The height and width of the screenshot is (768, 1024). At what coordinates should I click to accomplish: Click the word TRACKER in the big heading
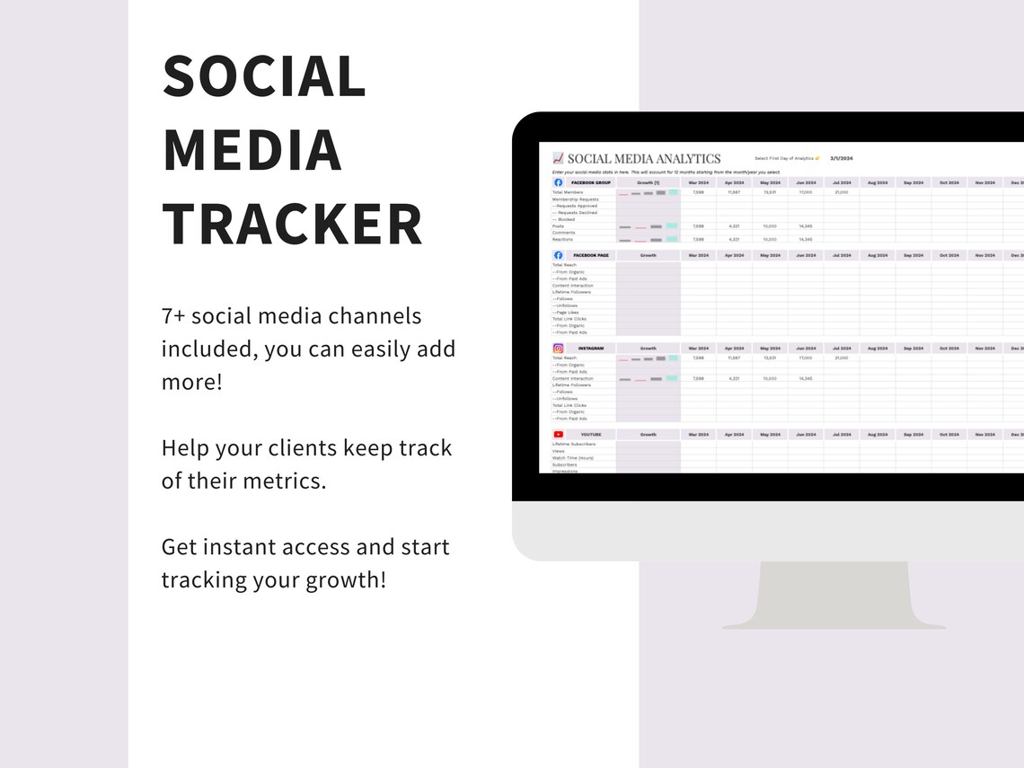[292, 225]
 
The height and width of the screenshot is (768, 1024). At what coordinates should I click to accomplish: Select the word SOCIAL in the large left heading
[264, 77]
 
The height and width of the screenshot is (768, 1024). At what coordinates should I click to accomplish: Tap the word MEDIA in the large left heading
[252, 151]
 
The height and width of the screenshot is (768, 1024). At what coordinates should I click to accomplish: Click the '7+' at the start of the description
[173, 316]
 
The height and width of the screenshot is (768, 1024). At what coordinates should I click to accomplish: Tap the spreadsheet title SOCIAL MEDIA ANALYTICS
[644, 159]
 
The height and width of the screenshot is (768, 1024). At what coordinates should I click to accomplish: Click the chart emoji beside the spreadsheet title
[558, 159]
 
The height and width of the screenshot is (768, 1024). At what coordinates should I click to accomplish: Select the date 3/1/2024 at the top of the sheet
[841, 158]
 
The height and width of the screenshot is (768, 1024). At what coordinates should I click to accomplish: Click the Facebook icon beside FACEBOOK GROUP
[558, 182]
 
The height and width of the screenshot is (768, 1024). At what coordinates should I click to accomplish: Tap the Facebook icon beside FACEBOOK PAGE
[558, 255]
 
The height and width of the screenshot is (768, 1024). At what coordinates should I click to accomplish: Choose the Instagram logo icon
[558, 348]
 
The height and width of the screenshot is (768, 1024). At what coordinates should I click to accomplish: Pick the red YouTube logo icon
[558, 434]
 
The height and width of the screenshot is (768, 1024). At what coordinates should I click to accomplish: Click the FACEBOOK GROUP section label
[590, 182]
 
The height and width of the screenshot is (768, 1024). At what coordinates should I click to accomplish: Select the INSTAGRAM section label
[590, 348]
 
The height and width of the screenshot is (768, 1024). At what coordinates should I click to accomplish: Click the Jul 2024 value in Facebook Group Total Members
[842, 192]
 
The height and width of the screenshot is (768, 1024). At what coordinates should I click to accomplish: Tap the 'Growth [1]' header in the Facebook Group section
[648, 182]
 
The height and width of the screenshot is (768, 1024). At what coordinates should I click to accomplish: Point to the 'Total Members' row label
[568, 192]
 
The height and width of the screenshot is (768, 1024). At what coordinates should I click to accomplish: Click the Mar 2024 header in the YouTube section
[698, 434]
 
